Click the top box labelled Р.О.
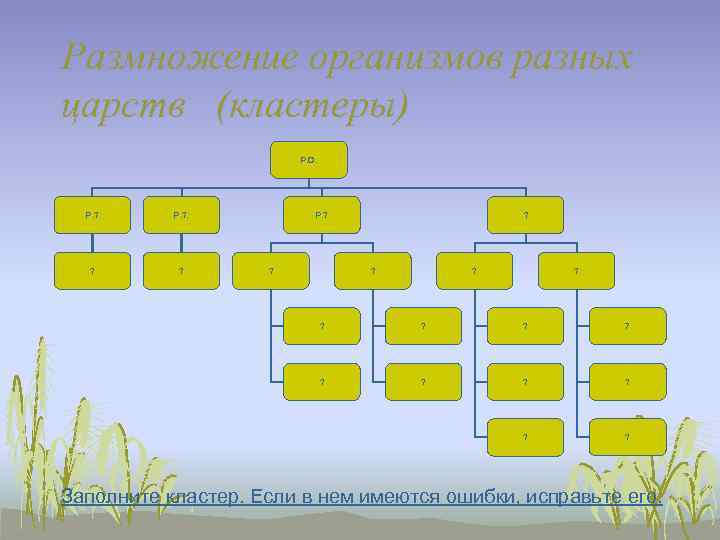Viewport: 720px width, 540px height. (309, 160)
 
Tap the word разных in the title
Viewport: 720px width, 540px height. (582, 59)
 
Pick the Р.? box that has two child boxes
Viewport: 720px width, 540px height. (321, 215)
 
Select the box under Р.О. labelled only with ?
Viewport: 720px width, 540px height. (526, 215)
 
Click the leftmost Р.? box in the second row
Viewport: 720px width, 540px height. (93, 215)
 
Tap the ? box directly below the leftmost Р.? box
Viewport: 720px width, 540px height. (93, 270)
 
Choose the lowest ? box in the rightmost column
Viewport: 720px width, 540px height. (627, 437)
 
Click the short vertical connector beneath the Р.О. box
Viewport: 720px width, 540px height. (309, 184)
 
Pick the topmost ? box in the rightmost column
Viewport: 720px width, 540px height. (627, 326)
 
